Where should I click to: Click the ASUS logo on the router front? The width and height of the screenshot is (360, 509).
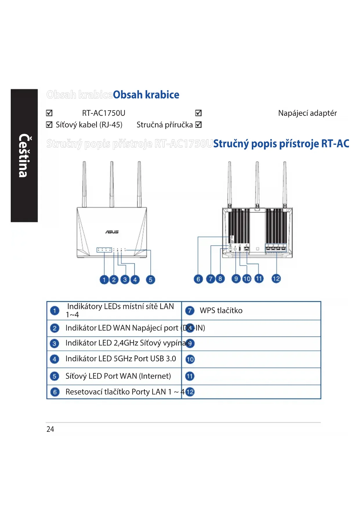[x=112, y=232]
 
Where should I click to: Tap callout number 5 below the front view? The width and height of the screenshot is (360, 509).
[x=150, y=280]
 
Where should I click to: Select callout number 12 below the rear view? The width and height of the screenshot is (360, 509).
[x=276, y=279]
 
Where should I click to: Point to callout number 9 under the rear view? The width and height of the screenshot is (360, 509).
[x=236, y=279]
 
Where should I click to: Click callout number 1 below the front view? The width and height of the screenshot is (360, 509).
[x=104, y=280]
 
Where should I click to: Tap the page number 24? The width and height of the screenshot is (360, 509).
[x=50, y=429]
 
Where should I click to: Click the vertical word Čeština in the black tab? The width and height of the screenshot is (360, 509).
[x=24, y=156]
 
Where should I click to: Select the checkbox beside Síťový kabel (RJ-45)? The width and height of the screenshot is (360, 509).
[x=49, y=125]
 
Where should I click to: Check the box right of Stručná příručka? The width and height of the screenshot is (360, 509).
[x=198, y=125]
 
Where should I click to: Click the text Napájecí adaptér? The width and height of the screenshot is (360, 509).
[x=307, y=113]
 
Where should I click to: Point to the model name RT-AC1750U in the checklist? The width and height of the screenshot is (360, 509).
[x=104, y=113]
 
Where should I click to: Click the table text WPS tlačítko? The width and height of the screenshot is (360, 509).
[x=221, y=311]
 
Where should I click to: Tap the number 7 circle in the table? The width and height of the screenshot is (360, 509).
[x=190, y=311]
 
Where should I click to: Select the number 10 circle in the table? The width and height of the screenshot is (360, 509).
[x=190, y=359]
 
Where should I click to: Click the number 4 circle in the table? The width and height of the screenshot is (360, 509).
[x=55, y=359]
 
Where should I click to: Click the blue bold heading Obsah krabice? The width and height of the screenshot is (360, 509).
[x=146, y=95]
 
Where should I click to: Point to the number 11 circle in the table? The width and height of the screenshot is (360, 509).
[x=190, y=376]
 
